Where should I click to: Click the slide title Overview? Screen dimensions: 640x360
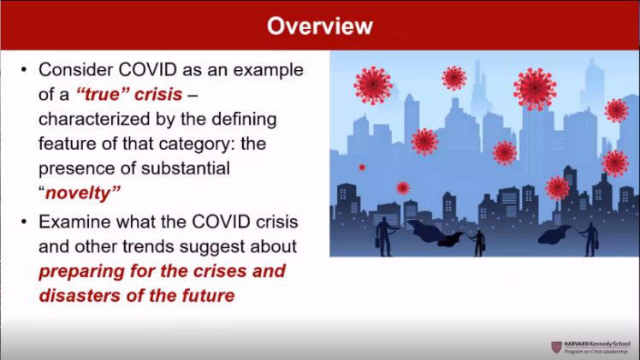coord(320,27)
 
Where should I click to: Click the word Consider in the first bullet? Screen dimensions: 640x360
coord(75,70)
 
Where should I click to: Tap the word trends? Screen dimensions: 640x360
coord(149,246)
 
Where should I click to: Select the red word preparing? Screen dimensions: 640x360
coord(81,272)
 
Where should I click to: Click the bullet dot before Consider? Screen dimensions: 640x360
coord(24,70)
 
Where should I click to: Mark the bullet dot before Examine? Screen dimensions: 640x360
coord(24,221)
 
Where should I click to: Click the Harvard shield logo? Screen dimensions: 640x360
coord(556,347)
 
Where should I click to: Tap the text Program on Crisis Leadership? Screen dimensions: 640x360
coord(596,351)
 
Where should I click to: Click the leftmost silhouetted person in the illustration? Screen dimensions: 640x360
coord(384,237)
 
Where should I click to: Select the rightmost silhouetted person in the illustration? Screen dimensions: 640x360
coord(590,239)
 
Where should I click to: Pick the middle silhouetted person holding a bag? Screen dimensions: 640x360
coord(479,244)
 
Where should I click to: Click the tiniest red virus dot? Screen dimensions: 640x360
coord(362,167)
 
